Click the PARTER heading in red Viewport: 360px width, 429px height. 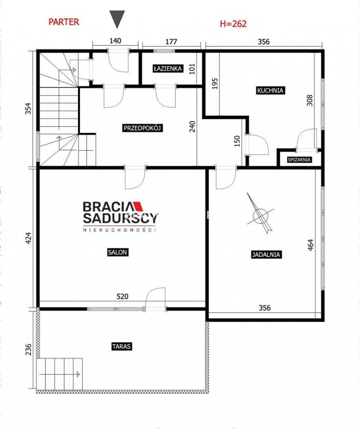64,22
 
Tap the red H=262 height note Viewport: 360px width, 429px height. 233,24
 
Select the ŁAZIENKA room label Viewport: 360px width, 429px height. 168,68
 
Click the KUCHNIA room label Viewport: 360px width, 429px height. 270,90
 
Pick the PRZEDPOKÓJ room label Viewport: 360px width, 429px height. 142,128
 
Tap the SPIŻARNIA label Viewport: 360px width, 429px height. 299,160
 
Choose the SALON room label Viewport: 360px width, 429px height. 118,252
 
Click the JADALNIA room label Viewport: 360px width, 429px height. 266,255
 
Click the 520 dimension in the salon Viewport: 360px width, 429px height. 122,297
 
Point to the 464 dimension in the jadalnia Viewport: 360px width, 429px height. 310,245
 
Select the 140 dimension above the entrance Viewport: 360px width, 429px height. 115,41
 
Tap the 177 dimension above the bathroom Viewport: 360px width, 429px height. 171,42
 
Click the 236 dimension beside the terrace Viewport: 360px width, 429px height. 28,349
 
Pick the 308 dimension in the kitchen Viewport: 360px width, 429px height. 309,100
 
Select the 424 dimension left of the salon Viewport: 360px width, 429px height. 28,238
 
